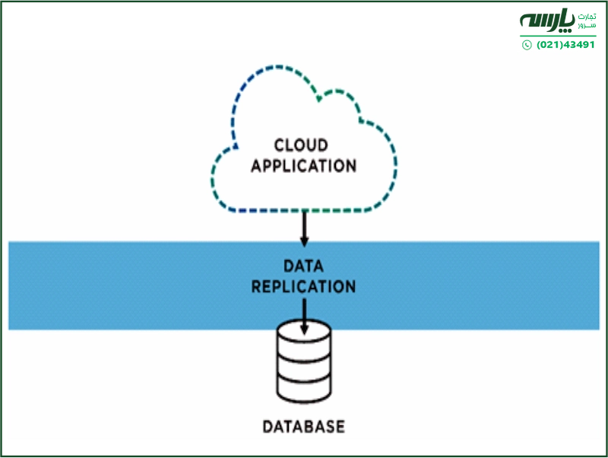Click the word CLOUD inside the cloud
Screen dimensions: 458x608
tap(301, 145)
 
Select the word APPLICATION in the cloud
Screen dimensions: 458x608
tap(303, 165)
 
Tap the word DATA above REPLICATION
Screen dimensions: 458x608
tap(303, 266)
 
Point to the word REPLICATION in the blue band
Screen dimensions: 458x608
tap(303, 287)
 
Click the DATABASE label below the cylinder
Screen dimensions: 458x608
tap(303, 426)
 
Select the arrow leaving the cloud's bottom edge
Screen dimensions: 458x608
tap(304, 227)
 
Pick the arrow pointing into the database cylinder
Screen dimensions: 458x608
tap(304, 316)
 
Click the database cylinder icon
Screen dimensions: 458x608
tap(304, 364)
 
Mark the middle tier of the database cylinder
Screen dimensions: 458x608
tap(304, 367)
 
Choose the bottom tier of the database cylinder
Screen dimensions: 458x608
tap(304, 389)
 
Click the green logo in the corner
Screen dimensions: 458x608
tap(559, 30)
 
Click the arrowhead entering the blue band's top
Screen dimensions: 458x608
tap(304, 241)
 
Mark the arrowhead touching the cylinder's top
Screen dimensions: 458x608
tap(304, 329)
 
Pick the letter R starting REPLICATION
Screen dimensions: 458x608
tap(257, 287)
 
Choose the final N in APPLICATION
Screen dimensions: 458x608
tap(350, 165)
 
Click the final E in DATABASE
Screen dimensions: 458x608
tap(340, 426)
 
